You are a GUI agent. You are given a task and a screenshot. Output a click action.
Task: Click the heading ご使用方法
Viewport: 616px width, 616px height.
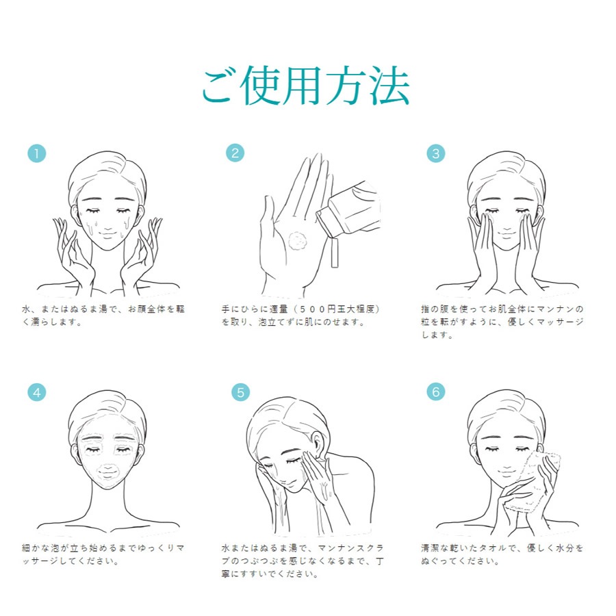[x=306, y=86]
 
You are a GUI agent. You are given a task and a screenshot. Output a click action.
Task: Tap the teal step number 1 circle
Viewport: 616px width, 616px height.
[x=36, y=153]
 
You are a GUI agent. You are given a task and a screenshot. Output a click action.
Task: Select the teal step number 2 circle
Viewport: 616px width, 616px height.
[x=235, y=153]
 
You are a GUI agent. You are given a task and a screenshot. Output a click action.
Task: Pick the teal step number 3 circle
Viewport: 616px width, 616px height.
[x=436, y=153]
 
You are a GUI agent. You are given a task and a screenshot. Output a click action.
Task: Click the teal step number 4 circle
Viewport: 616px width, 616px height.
[x=36, y=392]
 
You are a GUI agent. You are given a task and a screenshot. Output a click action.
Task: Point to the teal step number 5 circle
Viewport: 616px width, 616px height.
[x=240, y=392]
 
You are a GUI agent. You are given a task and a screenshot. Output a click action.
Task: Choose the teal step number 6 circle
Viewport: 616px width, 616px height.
[x=436, y=392]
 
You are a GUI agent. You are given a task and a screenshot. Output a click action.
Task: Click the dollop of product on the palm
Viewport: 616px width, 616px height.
[x=298, y=241]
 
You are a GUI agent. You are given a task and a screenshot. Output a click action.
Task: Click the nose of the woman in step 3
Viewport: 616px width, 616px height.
[x=506, y=224]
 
